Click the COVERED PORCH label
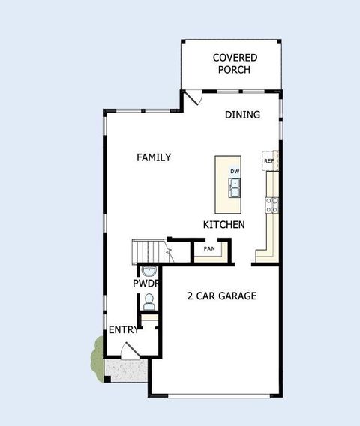click(x=235, y=64)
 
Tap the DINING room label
click(x=242, y=115)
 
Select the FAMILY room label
click(x=154, y=157)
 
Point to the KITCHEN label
click(x=223, y=224)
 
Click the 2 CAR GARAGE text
click(x=221, y=295)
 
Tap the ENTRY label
click(x=123, y=330)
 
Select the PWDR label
click(x=146, y=284)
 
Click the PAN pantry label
click(x=209, y=248)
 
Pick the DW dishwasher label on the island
click(x=235, y=172)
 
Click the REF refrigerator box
click(x=268, y=161)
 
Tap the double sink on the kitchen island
click(x=235, y=187)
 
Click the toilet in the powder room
click(x=148, y=301)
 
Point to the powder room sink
click(x=148, y=271)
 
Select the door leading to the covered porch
click(x=193, y=97)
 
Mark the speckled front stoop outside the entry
click(x=126, y=368)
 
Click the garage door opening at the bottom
click(x=214, y=394)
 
